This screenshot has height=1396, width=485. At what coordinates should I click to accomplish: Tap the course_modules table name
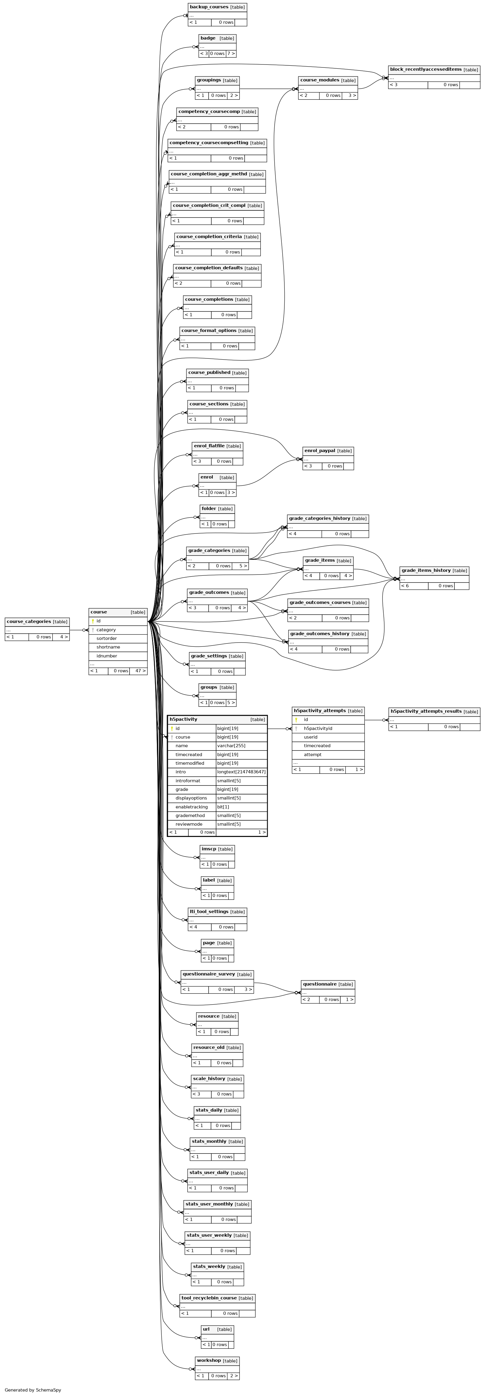(x=320, y=80)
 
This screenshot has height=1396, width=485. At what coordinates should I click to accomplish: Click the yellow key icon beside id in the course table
(x=93, y=621)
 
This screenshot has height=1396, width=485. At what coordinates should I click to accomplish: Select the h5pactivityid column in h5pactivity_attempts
(x=318, y=728)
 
